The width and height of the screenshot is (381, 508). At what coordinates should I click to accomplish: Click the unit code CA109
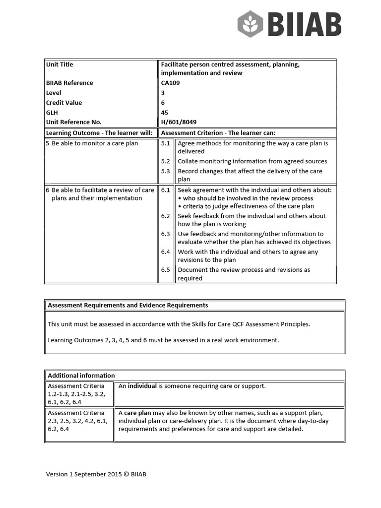(x=171, y=83)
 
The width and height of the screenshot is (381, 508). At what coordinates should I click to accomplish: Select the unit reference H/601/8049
(x=178, y=122)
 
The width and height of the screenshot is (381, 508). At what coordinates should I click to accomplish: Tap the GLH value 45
(x=165, y=113)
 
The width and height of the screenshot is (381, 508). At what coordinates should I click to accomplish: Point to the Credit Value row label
(x=64, y=103)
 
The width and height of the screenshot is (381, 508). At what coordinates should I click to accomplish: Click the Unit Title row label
(x=60, y=64)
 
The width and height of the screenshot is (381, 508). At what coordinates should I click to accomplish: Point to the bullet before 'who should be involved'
(x=180, y=198)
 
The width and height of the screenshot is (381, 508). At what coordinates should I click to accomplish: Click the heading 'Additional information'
(x=81, y=376)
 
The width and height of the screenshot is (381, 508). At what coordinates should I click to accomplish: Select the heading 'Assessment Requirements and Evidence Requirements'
(x=128, y=305)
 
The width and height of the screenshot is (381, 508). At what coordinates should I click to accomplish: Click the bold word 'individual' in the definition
(x=142, y=386)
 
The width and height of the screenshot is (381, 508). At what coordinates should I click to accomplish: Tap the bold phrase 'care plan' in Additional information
(x=137, y=413)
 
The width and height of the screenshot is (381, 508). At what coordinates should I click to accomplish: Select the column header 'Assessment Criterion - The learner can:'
(x=218, y=133)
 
